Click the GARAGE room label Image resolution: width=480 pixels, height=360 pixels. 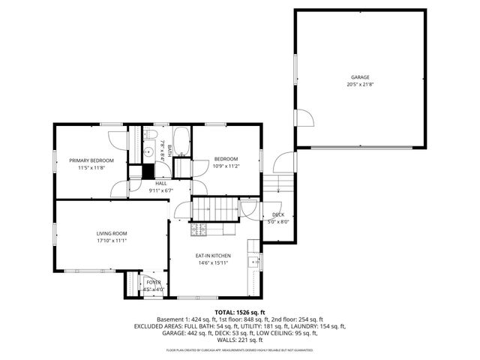pos(360,77)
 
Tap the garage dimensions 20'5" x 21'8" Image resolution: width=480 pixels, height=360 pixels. pos(360,85)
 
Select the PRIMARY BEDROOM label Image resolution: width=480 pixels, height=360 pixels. pos(91,160)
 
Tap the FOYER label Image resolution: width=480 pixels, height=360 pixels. pos(153,282)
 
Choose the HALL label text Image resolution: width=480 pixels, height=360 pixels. pos(161,183)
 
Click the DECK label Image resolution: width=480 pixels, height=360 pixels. pos(277,214)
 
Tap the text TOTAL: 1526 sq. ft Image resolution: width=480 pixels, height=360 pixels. pos(239,311)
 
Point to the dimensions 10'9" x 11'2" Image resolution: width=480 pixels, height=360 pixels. pos(226,166)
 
